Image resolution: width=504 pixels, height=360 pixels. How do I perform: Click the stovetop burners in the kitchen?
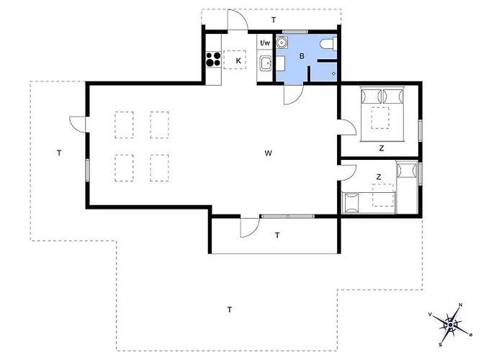pos(213,59)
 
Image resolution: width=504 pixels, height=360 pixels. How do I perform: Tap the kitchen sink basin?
pos(266,63)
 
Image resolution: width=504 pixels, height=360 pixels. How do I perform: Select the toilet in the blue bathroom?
pos(328,44)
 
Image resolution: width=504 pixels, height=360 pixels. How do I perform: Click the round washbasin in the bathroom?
pos(282,42)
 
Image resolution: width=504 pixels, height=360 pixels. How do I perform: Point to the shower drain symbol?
pos(333,73)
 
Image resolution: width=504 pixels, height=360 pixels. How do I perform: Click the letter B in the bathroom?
pos(302,56)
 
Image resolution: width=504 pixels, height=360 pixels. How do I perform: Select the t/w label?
pos(265,42)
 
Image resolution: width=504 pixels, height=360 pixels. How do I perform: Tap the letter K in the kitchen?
pos(238,60)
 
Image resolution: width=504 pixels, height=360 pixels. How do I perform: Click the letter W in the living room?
pos(269,153)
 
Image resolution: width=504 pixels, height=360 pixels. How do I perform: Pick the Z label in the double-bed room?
pos(382,148)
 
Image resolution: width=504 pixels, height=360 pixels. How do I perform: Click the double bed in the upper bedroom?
pos(382,114)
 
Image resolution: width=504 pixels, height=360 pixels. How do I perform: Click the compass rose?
pos(450,325)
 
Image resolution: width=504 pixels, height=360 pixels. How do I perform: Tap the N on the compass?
pos(460,305)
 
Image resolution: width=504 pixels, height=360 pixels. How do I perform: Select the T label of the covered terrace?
pos(277,235)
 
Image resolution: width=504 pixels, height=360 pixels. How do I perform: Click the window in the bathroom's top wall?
pos(295,32)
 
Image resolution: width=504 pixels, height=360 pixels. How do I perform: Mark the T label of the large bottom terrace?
pos(230,310)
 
